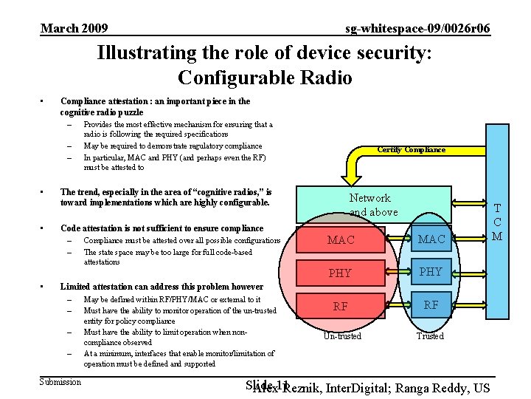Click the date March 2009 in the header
click(x=74, y=29)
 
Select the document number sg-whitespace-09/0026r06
click(x=417, y=29)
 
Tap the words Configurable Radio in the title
click(x=265, y=78)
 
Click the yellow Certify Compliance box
click(x=411, y=151)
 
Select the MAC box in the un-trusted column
click(x=341, y=240)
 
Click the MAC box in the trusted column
click(x=431, y=239)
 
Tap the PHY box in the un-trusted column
click(x=340, y=273)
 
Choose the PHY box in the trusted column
click(x=431, y=271)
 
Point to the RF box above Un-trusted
click(x=340, y=306)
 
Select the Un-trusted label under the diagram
click(x=342, y=336)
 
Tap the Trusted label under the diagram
click(x=430, y=336)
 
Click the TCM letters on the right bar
click(x=497, y=222)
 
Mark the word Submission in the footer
click(x=60, y=382)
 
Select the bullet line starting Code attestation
click(x=162, y=228)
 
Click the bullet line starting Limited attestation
click(x=162, y=287)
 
